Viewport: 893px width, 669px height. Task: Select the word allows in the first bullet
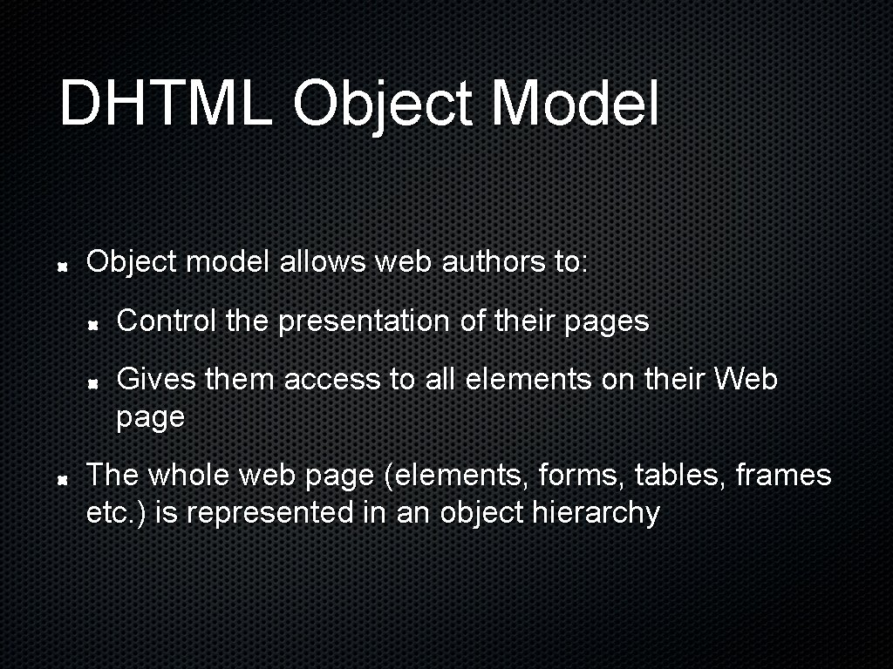(x=324, y=261)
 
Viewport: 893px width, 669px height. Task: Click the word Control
(x=166, y=321)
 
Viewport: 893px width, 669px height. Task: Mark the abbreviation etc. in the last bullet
(x=108, y=513)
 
